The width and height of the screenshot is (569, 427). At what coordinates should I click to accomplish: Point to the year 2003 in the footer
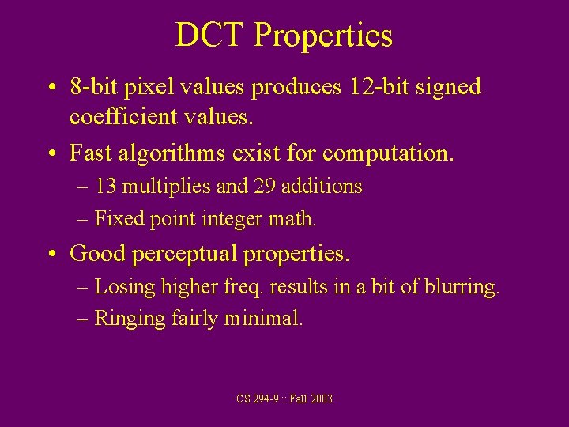coord(322,399)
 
